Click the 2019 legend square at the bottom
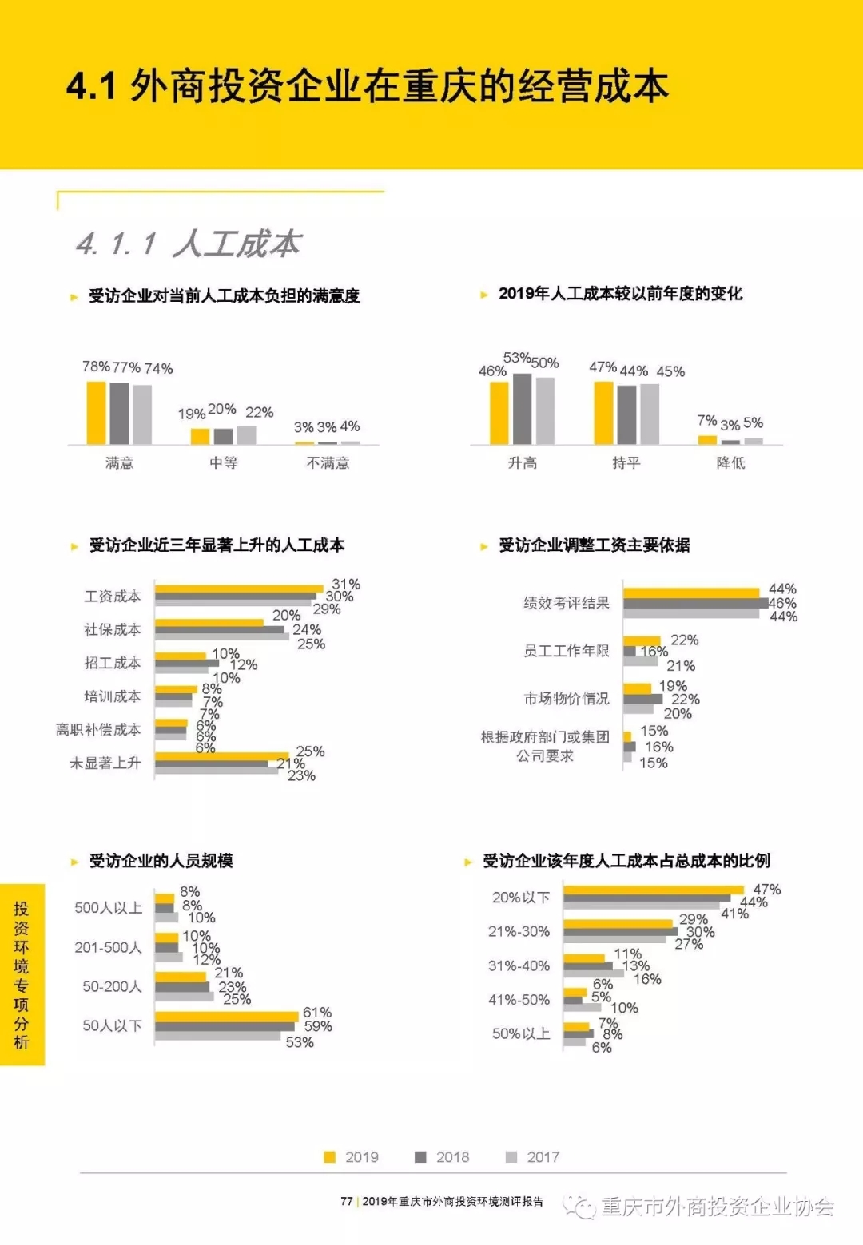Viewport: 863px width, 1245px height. coord(329,1156)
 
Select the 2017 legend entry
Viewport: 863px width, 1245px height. coord(533,1156)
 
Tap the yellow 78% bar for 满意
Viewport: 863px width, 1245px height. coord(96,412)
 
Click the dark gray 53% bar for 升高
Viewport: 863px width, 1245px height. coord(522,408)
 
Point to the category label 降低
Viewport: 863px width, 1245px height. coord(730,462)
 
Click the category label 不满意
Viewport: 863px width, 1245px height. coord(328,462)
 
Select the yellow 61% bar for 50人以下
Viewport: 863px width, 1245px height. coord(226,1016)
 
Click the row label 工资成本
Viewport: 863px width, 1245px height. coord(113,596)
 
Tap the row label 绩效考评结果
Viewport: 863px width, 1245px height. coord(566,602)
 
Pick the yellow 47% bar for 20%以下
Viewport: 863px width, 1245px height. coord(653,890)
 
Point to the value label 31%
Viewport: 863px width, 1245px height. coord(346,584)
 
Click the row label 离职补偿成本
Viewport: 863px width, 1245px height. coord(98,729)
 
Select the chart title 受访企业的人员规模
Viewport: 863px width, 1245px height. coord(161,860)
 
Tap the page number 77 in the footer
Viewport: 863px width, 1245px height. coord(346,1201)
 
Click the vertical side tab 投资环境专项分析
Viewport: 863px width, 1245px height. coord(22,974)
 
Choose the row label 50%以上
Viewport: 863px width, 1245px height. coord(521,1033)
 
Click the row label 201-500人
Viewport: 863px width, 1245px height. coord(108,947)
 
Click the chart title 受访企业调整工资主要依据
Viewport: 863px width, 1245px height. coord(594,545)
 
